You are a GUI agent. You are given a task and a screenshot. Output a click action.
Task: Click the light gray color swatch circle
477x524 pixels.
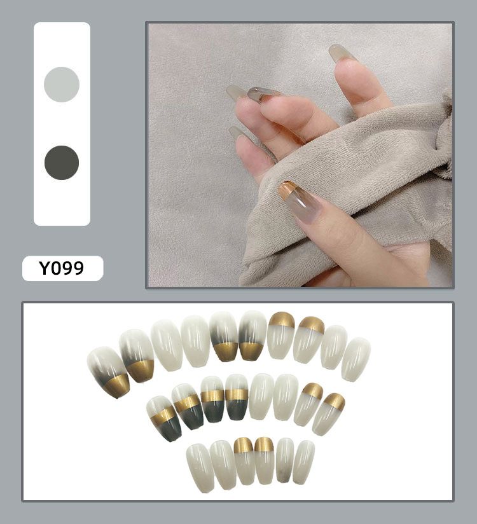tap(62, 84)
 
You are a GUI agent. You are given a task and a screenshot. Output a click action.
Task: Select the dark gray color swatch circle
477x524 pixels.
tap(62, 162)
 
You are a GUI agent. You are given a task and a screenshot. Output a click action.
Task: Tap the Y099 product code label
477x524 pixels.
tap(62, 268)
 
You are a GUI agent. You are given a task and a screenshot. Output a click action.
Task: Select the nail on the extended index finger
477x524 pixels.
tap(342, 53)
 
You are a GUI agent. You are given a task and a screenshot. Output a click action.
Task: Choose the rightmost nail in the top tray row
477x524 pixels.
tap(356, 359)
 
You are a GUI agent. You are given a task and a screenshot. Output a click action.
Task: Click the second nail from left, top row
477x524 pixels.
tap(137, 355)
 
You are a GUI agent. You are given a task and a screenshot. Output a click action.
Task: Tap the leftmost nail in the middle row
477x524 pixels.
tap(164, 418)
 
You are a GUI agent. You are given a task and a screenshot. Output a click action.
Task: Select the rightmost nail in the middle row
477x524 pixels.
tap(328, 414)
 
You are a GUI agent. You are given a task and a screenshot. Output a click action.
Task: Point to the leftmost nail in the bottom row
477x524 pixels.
tap(200, 468)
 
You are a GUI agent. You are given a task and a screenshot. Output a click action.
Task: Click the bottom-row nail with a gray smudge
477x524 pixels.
tap(284, 460)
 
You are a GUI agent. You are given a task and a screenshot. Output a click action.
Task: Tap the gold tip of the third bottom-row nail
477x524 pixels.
tap(243, 445)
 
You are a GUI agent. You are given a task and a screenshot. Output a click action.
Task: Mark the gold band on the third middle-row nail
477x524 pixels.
tap(212, 396)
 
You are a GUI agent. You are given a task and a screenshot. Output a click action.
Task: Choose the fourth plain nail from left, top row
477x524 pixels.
tap(356, 359)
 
